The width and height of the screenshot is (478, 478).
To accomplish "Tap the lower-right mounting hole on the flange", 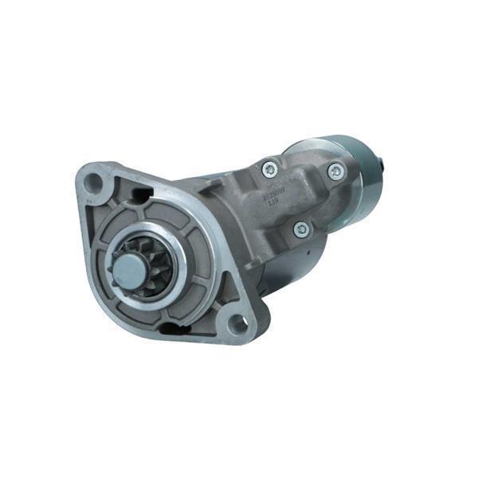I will [237, 323].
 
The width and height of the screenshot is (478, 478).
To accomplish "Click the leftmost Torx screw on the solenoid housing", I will [270, 169].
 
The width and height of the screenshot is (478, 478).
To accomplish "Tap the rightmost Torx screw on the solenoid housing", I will [336, 170].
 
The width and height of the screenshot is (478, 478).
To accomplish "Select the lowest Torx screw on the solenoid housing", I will [301, 229].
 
